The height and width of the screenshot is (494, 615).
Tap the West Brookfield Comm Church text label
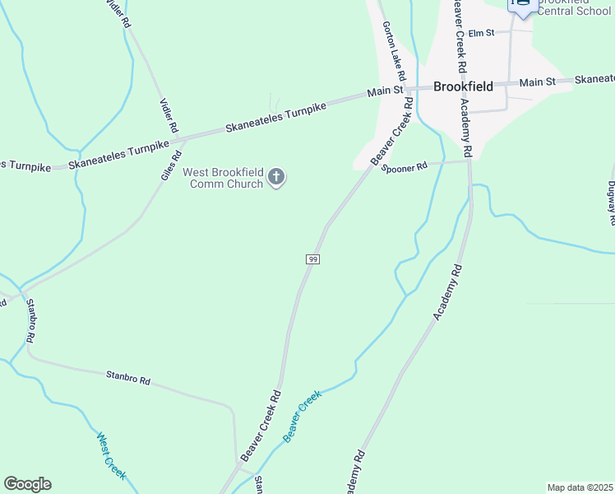(222, 178)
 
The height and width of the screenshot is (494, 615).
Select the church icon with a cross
(277, 176)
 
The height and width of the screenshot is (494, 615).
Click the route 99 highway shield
(312, 259)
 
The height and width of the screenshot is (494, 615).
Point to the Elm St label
(480, 33)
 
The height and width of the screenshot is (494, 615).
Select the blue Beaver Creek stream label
(301, 417)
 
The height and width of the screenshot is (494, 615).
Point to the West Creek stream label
(111, 456)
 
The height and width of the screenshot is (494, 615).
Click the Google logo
(27, 484)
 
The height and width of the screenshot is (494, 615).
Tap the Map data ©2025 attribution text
(580, 487)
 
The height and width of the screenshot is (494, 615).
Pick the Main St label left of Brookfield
(385, 91)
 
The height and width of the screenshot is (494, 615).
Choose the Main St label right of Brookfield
(538, 82)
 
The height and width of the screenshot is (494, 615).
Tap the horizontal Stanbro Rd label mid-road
(128, 380)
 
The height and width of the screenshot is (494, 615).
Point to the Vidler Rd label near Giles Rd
(168, 114)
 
